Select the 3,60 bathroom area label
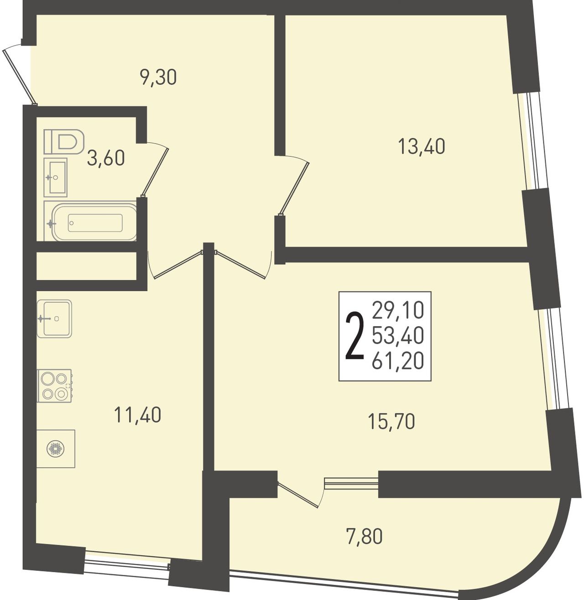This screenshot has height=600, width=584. (106, 158)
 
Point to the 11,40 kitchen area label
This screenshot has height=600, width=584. (137, 414)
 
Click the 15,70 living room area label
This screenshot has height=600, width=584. (391, 422)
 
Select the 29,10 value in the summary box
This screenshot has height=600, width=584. (398, 310)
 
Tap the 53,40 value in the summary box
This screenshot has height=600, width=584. (398, 335)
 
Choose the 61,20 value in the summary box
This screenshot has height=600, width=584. (398, 360)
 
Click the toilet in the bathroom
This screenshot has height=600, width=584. (64, 141)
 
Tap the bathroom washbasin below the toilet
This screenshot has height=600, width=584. (56, 177)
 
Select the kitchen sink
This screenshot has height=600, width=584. (54, 318)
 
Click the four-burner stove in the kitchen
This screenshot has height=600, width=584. (54, 386)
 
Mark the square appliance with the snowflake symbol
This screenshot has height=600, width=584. (56, 449)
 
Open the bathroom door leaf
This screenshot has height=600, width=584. (155, 172)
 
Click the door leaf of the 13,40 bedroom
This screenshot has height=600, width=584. (293, 188)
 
